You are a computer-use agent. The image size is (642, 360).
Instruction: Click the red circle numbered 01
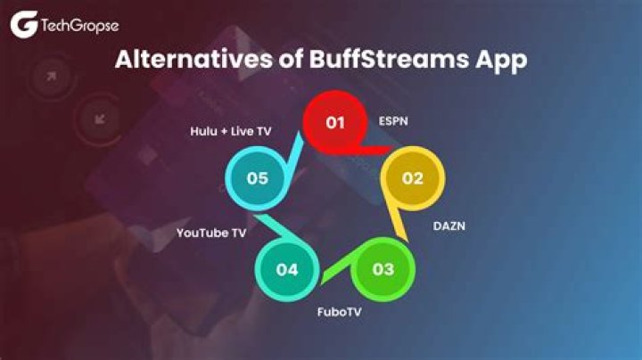pos(335,122)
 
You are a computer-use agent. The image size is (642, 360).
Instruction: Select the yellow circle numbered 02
pos(412,178)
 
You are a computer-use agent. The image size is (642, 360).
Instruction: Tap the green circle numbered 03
pos(383,268)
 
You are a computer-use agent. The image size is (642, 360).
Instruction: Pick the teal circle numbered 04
pos(286,268)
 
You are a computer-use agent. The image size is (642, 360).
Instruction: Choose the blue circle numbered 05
pos(258,178)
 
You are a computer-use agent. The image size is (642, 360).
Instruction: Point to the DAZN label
pos(449,226)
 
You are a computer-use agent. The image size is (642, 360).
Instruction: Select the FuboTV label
pos(341,313)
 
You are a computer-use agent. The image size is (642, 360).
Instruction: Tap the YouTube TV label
pos(210,233)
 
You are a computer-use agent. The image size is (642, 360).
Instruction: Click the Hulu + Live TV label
pos(230,131)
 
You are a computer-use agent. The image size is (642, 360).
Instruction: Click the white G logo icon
pos(23,25)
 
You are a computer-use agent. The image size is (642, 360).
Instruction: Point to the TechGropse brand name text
pos(79,26)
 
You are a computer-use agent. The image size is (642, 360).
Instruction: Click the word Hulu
pos(203,131)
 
